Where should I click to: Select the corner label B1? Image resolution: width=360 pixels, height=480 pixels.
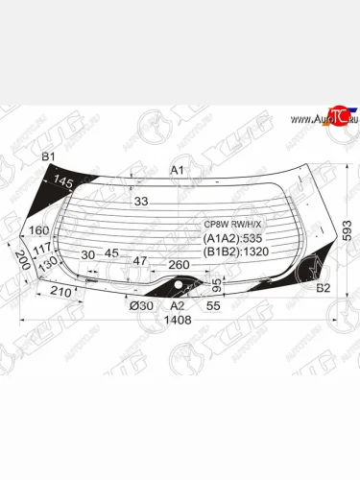[48, 156]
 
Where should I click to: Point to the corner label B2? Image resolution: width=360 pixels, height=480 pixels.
[323, 287]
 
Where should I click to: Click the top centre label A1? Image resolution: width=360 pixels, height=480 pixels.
[177, 170]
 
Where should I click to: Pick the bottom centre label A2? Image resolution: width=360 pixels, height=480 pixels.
[177, 306]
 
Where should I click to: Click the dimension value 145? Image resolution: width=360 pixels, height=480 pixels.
[64, 180]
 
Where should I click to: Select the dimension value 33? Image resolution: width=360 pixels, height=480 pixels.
[141, 202]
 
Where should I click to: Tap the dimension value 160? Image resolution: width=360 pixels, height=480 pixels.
[38, 230]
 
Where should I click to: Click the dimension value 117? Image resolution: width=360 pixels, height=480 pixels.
[41, 249]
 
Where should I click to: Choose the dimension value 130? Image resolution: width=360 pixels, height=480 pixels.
[49, 261]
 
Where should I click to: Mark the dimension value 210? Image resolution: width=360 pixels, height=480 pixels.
[60, 290]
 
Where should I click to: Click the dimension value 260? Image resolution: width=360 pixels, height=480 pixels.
[180, 264]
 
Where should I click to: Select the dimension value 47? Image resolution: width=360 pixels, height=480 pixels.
[140, 261]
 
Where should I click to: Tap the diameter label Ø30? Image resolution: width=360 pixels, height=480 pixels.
[140, 306]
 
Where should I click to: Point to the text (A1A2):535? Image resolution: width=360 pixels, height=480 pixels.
[232, 240]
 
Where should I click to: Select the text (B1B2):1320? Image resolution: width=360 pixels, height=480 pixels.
[236, 254]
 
